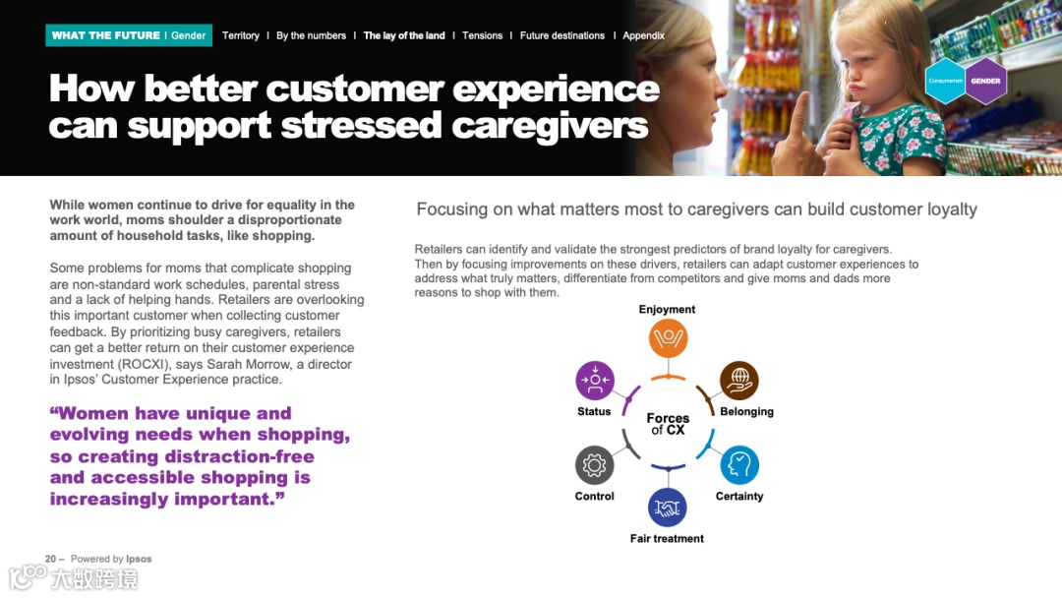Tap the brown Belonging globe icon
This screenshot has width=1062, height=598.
(738, 381)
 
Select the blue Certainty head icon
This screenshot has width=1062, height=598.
(738, 465)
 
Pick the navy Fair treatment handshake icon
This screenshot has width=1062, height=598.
(668, 508)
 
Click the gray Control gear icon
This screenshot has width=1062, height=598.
(594, 465)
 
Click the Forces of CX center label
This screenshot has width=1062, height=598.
(668, 424)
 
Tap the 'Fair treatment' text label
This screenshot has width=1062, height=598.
(667, 539)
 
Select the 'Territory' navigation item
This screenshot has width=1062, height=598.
(241, 35)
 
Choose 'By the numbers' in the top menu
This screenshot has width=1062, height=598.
(311, 35)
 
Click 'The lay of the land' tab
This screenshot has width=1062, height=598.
(404, 35)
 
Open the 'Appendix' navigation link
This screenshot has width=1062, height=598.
(643, 35)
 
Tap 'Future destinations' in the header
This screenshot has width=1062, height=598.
(562, 35)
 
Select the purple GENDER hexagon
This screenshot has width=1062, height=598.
(985, 82)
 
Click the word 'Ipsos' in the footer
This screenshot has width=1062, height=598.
(139, 559)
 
